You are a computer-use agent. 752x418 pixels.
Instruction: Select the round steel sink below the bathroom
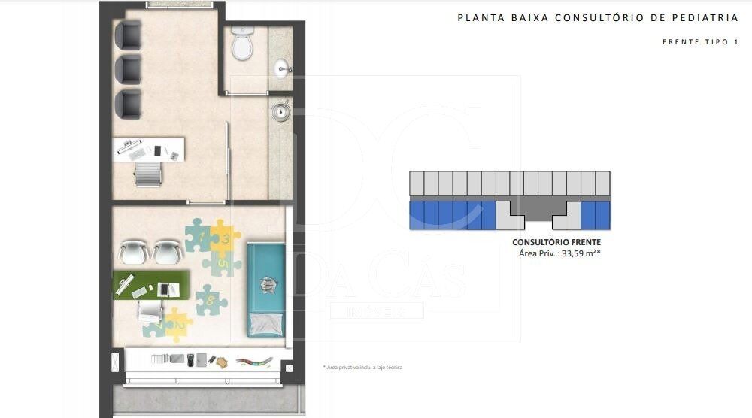(x=281, y=112)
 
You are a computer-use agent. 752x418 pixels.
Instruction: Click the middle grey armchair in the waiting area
(x=129, y=69)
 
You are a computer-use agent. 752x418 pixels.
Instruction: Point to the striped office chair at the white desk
(x=147, y=175)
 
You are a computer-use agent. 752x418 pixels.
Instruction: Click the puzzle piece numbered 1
(x=198, y=236)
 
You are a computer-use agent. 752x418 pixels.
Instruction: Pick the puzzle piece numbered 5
(x=223, y=263)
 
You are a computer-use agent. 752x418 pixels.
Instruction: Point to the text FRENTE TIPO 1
(x=700, y=42)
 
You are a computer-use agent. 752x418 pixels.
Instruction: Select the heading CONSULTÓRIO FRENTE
(x=556, y=242)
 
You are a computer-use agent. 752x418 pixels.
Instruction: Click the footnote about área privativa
(x=363, y=368)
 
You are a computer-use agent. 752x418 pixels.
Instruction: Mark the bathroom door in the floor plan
(x=247, y=93)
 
